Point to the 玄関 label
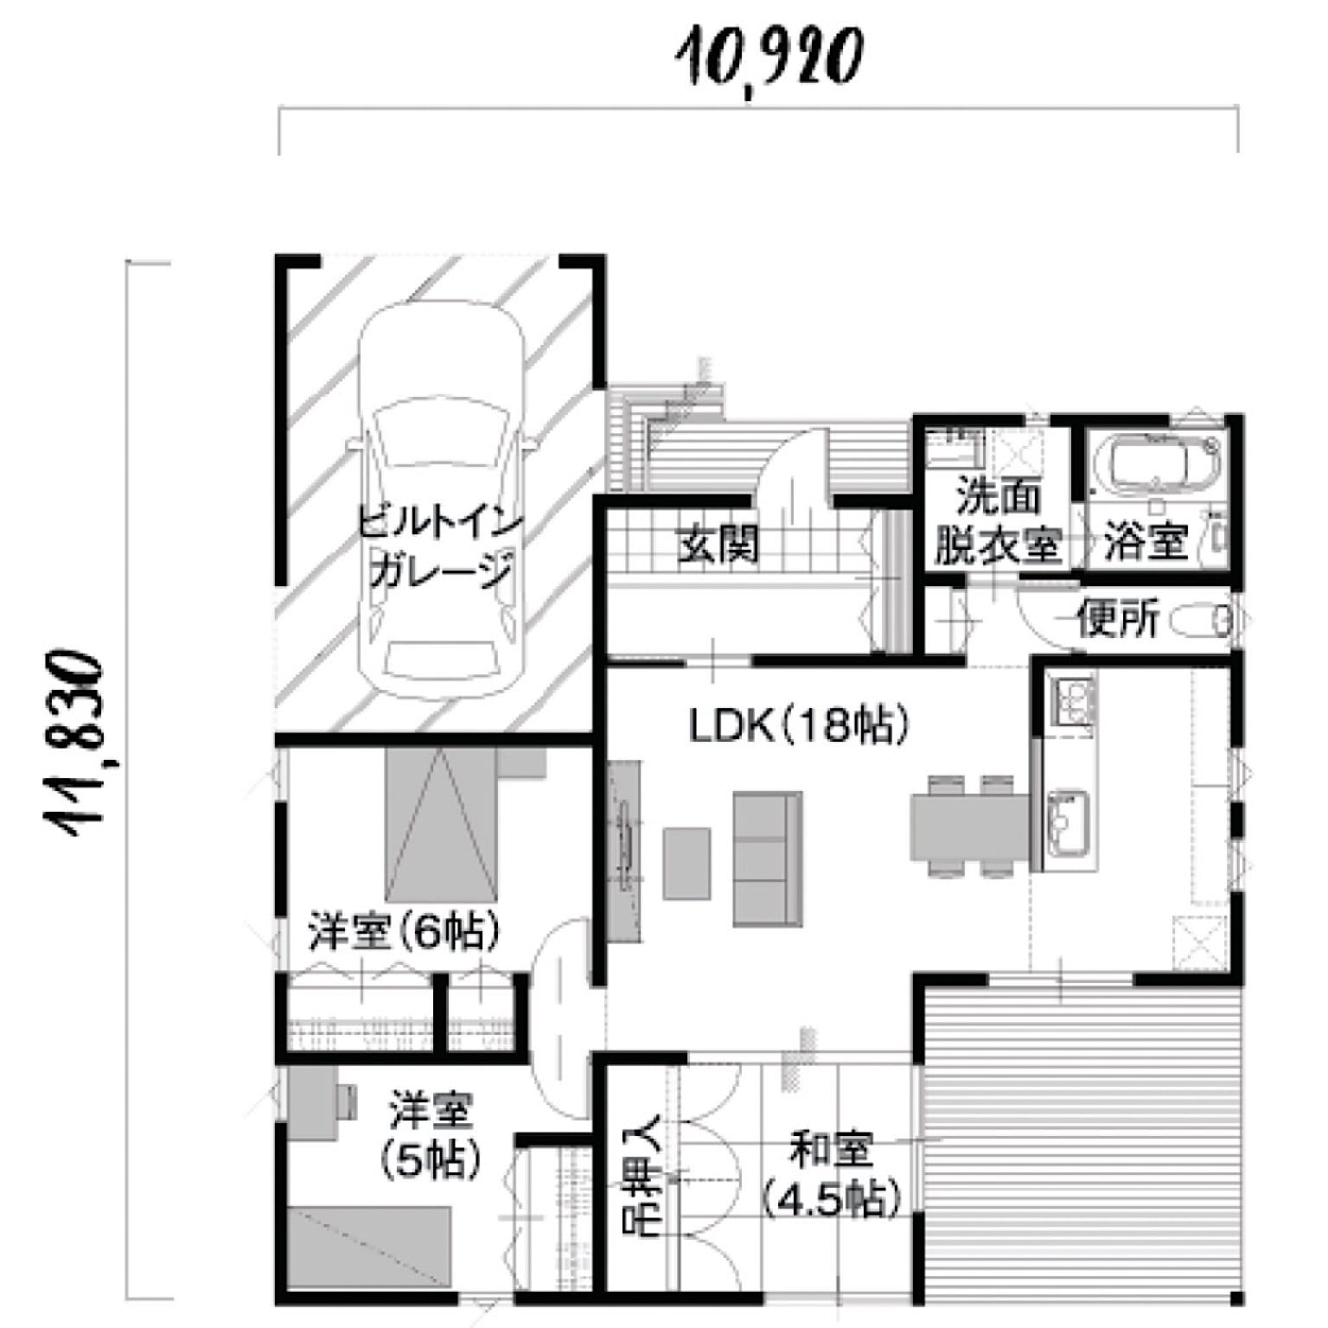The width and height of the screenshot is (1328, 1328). click(718, 544)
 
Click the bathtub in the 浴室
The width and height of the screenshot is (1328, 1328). click(1157, 462)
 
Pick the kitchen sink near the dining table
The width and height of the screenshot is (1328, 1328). click(1069, 823)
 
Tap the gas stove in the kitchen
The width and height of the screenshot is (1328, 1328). click(1072, 701)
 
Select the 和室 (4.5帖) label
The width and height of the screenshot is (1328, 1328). click(832, 1175)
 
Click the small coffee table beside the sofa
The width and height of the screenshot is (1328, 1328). click(687, 862)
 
